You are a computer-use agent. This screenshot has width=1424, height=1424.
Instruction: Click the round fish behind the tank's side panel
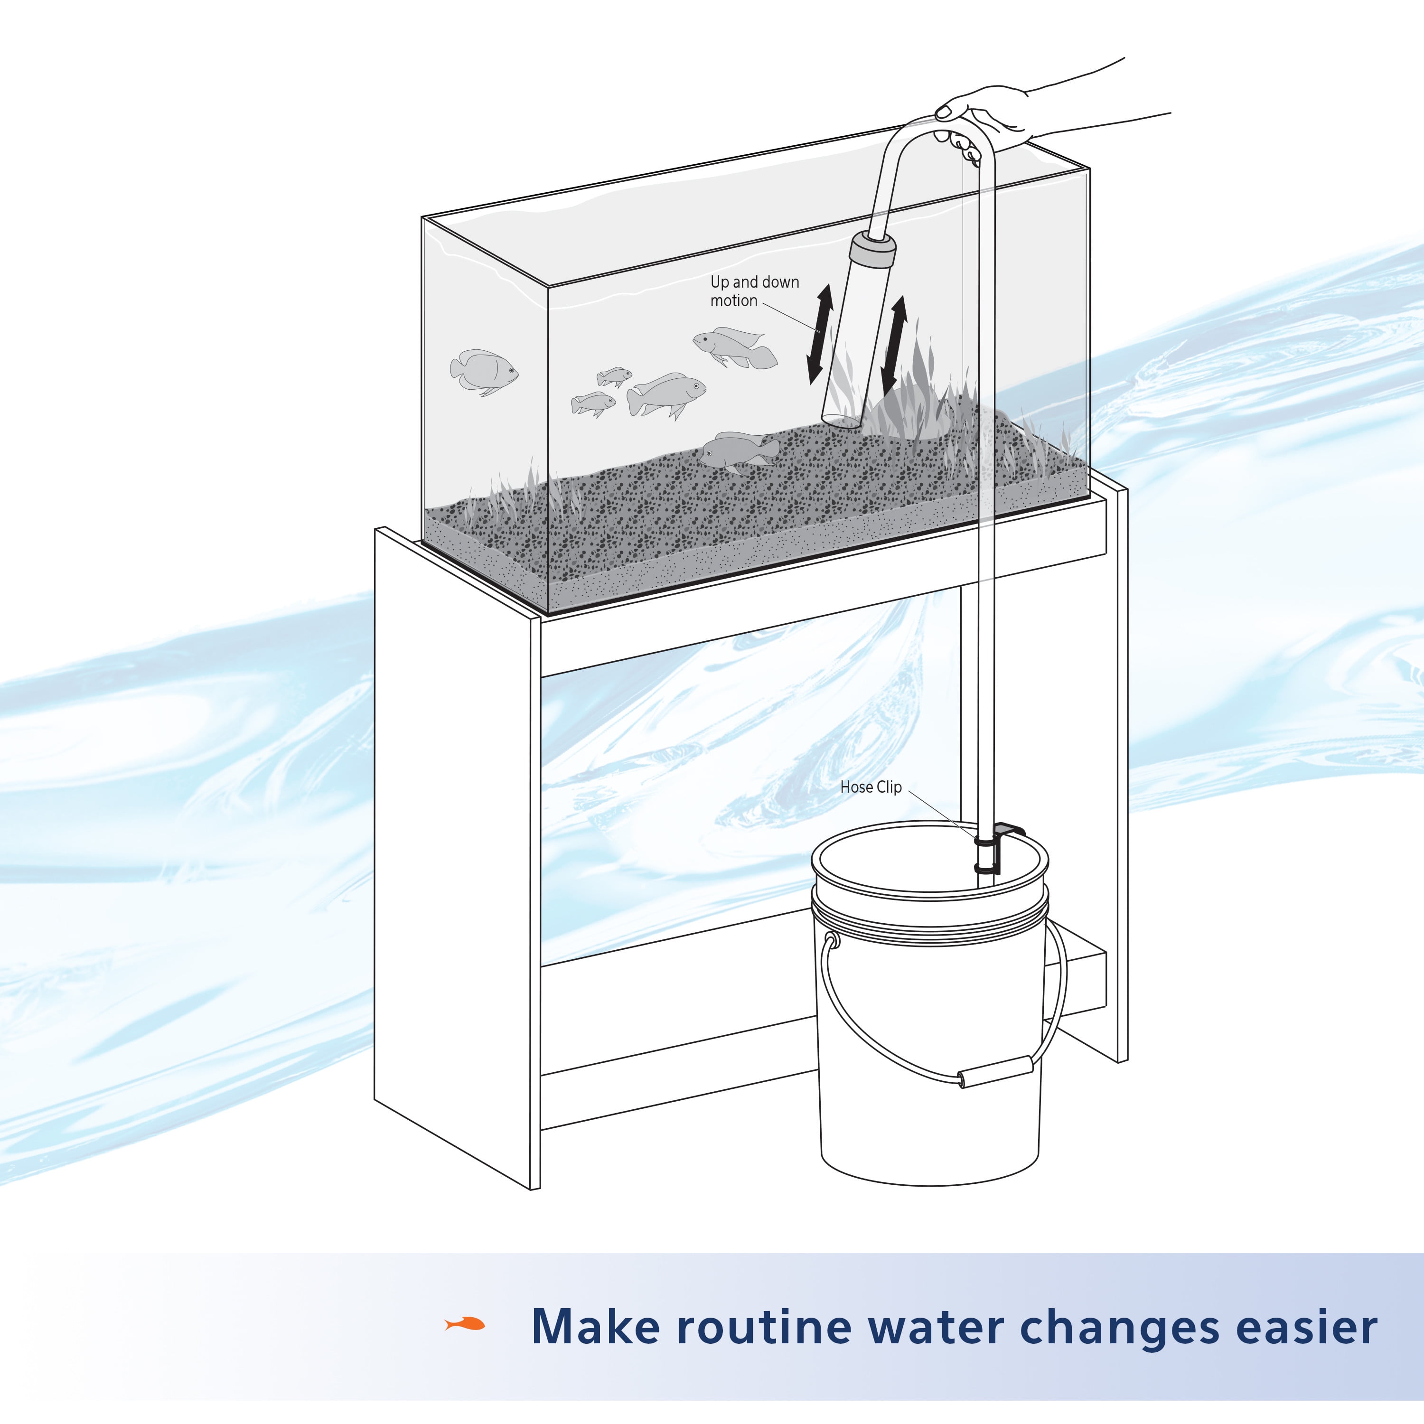(483, 370)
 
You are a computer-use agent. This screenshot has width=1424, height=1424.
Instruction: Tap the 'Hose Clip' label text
(871, 787)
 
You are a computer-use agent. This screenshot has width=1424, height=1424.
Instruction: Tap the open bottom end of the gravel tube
(840, 420)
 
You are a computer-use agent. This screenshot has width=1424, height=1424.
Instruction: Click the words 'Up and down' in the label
(754, 281)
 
